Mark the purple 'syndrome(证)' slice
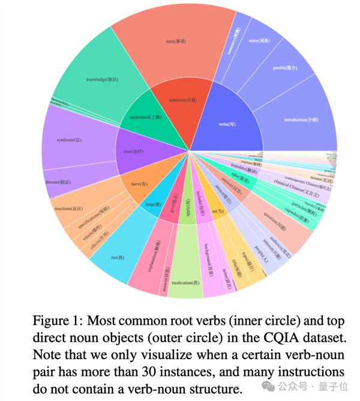pyautogui.click(x=65, y=140)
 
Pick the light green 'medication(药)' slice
pyautogui.click(x=185, y=281)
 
